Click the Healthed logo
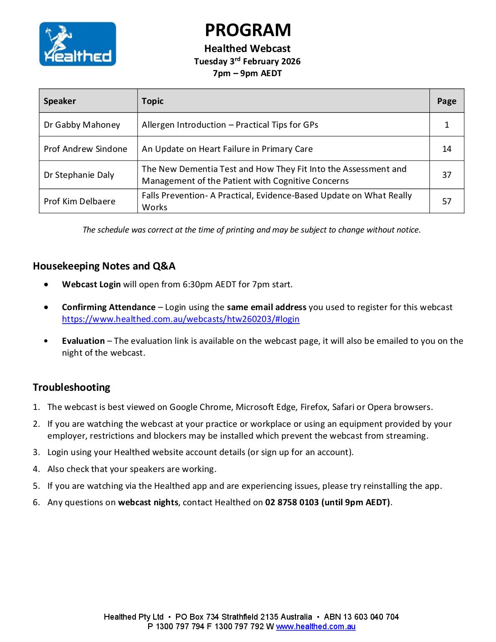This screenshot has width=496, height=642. pos(77,44)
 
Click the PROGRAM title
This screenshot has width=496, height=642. pos(248,30)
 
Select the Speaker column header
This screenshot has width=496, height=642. pos(60,101)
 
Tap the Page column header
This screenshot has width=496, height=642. pos(446,101)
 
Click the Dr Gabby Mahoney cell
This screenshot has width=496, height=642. pos(82,125)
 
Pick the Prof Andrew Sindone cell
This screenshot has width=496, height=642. pos(85,149)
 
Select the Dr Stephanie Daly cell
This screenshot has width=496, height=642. pos(79,175)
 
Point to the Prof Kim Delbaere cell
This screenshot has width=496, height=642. pos(79,202)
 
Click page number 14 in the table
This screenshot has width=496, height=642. pos(447,149)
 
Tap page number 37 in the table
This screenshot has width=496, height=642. pos(447,175)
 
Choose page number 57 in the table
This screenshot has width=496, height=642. pos(447,202)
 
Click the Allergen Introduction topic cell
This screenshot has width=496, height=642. pos(230,125)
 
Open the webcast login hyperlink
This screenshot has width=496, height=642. pos(181,319)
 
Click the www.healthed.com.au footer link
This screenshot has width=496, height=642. pos(315,626)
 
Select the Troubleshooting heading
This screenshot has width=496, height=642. pos(72,388)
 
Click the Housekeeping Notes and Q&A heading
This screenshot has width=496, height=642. pos(104,266)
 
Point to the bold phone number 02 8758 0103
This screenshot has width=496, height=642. pos(292,502)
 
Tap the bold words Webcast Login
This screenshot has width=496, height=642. pos(91,285)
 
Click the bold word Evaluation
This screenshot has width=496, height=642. pos(83,341)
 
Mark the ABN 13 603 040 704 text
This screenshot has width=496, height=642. pos(361,617)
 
